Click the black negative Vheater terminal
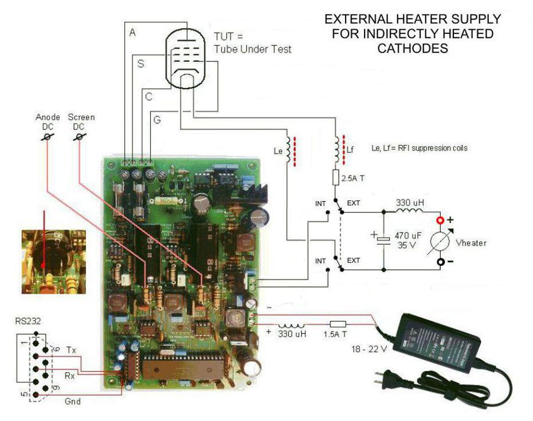coord(441,262)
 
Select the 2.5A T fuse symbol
coord(336,178)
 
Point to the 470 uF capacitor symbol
coord(382,240)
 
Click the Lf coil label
coord(350,149)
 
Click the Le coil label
coord(277,151)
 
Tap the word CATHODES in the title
coord(412,49)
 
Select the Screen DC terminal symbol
coord(81,137)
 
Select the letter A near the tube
coord(132,33)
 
